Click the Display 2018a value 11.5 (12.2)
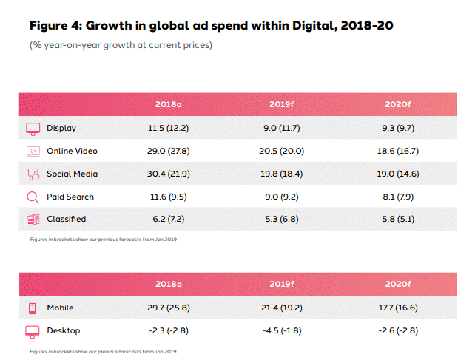[169, 128]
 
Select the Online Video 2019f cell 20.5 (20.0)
[283, 151]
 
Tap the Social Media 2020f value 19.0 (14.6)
[399, 174]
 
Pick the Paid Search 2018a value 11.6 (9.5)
[169, 197]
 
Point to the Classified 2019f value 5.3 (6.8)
[283, 219]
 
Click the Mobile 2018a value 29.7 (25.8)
[169, 308]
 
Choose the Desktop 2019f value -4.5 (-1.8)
[283, 330]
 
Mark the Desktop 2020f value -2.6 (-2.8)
[399, 330]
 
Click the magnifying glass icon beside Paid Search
[33, 197]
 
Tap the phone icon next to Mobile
[33, 308]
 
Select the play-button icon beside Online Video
[33, 151]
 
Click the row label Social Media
[72, 174]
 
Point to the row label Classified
[67, 219]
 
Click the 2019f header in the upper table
[283, 104]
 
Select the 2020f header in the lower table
[399, 284]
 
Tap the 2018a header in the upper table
[169, 104]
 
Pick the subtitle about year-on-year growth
[121, 46]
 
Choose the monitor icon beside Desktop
[33, 330]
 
